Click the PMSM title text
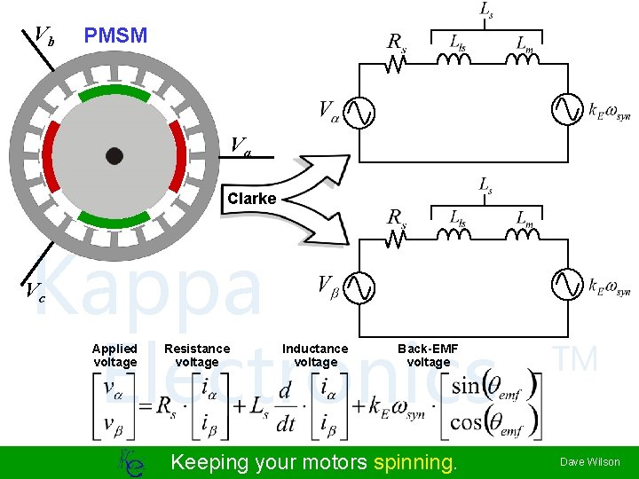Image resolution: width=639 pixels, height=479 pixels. point(115,36)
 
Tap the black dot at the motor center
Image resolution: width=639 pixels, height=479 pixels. point(114,156)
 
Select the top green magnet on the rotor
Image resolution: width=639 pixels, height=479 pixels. point(114,92)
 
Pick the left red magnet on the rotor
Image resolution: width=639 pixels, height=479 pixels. point(51,156)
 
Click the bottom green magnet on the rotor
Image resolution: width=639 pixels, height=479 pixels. point(114,218)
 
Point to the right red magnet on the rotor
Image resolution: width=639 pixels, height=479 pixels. point(178,156)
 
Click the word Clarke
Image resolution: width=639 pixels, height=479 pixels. point(251,199)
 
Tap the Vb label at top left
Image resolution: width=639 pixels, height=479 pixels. point(43,35)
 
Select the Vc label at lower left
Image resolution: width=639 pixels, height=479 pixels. point(36,290)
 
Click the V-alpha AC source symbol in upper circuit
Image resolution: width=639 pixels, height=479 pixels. point(359,111)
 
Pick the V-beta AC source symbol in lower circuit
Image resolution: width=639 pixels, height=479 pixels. point(359,286)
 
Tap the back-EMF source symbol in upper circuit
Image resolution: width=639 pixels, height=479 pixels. point(567,111)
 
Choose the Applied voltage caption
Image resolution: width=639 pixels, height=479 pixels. point(114,355)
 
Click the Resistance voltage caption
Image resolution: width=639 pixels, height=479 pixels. point(196,355)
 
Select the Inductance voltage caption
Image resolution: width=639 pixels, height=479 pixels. point(315,355)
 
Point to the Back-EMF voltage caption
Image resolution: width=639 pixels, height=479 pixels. point(428,355)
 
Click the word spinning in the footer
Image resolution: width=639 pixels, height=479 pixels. point(414,462)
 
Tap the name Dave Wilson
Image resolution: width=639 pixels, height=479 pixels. point(589,462)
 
